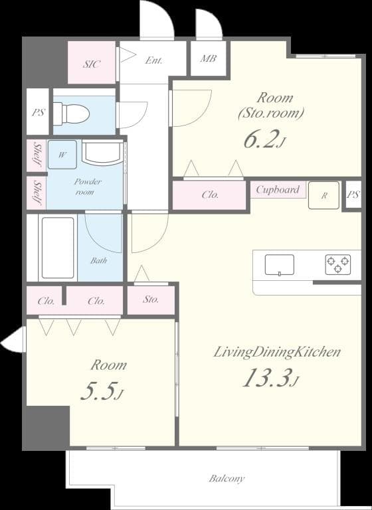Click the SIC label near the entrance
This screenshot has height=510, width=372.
tap(92, 64)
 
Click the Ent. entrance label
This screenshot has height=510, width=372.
tap(154, 60)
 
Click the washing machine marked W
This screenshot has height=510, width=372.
tap(62, 155)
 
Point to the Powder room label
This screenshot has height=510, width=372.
tap(84, 187)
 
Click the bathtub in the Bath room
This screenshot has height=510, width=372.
tap(58, 247)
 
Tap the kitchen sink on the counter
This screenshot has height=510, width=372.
tap(279, 264)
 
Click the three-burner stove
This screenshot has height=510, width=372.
tap(337, 264)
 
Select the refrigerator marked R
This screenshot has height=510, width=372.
tap(324, 195)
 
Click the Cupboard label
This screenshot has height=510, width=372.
tap(278, 190)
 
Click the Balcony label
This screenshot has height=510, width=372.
tap(227, 478)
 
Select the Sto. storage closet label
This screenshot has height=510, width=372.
tap(151, 299)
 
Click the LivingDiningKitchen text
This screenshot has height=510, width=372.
tap(277, 352)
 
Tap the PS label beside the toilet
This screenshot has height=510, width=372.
tap(39, 112)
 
